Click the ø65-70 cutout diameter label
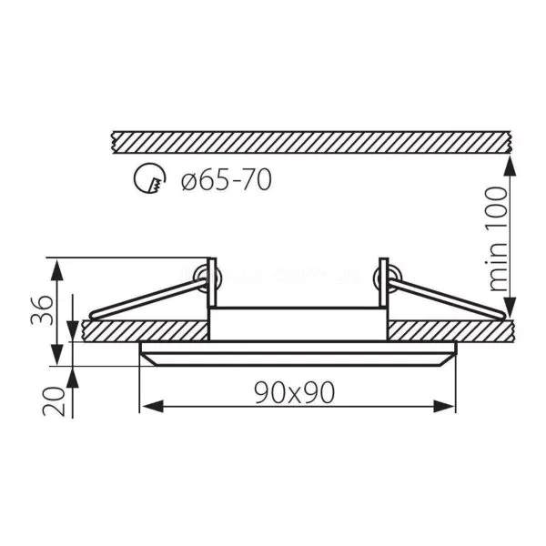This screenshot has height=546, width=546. pyautogui.click(x=227, y=180)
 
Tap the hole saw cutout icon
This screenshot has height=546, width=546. pyautogui.click(x=150, y=178)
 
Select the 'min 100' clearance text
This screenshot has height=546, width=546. pyautogui.click(x=498, y=238)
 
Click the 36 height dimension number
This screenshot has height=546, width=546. pyautogui.click(x=43, y=310)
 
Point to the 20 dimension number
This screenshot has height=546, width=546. pyautogui.click(x=54, y=401)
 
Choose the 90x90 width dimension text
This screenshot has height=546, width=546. pyautogui.click(x=295, y=392)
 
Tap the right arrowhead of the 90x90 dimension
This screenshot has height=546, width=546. pyautogui.click(x=444, y=407)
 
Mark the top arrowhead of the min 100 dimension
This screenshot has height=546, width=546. pyautogui.click(x=511, y=166)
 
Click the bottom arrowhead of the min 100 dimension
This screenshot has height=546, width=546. pyautogui.click(x=511, y=307)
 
